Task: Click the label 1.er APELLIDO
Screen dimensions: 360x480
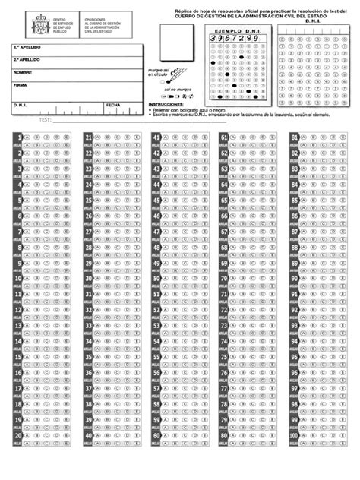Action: (x=27, y=47)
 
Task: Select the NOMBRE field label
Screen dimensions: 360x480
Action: (x=23, y=72)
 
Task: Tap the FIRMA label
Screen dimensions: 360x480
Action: (x=20, y=85)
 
